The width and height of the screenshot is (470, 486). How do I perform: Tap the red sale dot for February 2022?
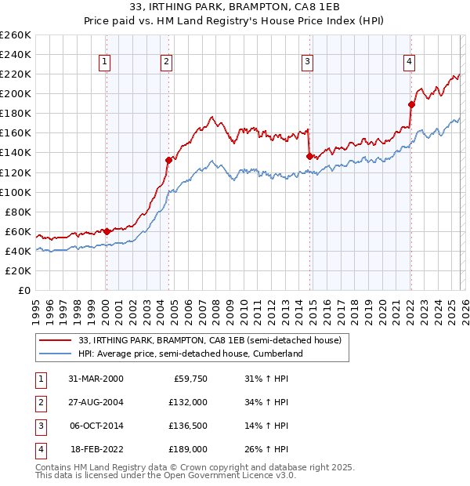click(411, 104)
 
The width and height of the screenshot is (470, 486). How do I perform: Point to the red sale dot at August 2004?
click(168, 160)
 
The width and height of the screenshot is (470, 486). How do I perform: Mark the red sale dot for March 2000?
click(107, 231)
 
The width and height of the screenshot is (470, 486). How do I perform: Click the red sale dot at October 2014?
click(309, 156)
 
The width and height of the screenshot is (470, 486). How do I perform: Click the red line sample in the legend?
click(56, 341)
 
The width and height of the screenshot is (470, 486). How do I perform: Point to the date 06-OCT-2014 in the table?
click(96, 426)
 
